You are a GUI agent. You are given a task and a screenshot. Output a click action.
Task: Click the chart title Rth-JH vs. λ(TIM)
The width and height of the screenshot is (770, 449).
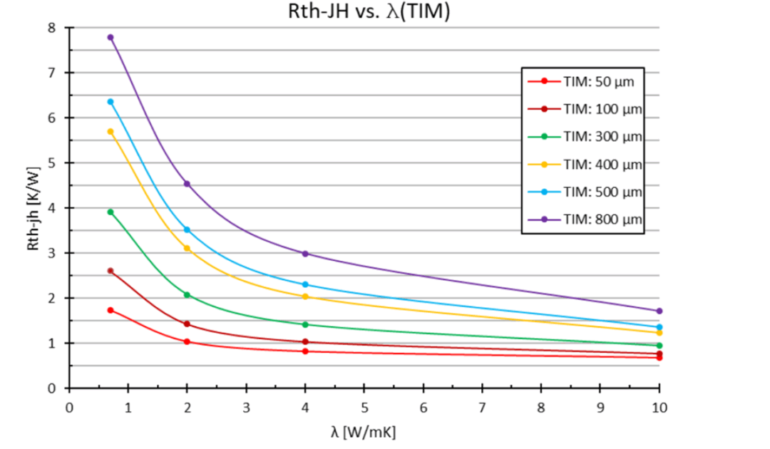pos(364,12)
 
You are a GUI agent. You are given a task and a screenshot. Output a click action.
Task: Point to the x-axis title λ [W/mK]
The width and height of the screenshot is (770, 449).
pos(363,432)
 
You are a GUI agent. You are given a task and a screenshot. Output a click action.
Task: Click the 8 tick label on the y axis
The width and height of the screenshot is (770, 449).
pos(51,28)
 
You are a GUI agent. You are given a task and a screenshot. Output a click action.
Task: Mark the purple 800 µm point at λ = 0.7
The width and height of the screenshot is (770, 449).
pos(111,37)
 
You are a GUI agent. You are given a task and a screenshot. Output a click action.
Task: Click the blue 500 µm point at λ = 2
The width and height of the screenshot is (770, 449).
pos(187,229)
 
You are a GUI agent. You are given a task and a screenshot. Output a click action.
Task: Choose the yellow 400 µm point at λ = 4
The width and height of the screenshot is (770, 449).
pos(305,296)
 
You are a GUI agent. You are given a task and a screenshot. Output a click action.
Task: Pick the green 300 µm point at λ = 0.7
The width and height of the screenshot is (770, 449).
pos(111,212)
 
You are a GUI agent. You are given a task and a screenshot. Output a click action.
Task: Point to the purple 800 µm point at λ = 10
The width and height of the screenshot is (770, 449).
pos(659,311)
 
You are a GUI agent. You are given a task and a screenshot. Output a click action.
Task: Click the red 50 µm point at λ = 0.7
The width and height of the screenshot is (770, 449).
pos(111,310)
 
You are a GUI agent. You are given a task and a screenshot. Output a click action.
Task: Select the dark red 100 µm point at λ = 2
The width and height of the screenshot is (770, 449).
pos(187,324)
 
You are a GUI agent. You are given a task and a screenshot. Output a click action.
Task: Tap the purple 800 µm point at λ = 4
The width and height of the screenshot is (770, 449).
pos(305,254)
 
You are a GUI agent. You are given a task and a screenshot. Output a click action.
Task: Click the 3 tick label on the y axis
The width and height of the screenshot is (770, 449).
pos(51,253)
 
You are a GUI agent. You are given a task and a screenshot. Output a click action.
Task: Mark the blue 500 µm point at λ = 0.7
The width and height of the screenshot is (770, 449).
pos(111,101)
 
